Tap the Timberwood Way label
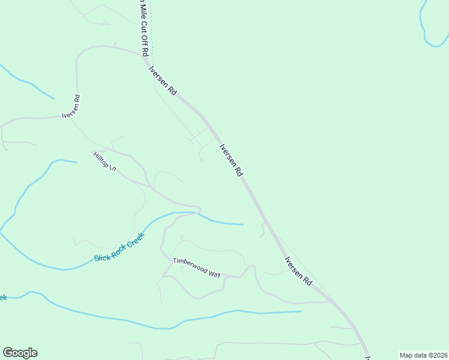[197, 267]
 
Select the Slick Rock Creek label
[119, 247]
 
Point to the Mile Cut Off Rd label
[143, 27]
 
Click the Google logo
[20, 353]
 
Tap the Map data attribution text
[423, 355]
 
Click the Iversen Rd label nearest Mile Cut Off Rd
[163, 80]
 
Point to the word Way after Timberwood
[214, 273]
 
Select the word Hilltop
[101, 159]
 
